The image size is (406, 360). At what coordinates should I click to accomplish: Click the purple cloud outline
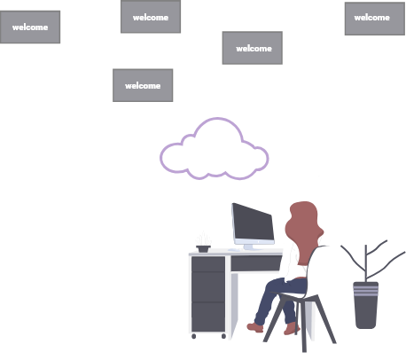point(217,119)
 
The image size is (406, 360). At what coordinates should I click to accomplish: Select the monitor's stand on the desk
point(249,247)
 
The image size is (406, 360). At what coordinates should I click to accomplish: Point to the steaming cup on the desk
point(203,248)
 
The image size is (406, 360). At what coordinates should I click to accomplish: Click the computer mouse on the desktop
point(234,250)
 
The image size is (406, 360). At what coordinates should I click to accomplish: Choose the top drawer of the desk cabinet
point(208,264)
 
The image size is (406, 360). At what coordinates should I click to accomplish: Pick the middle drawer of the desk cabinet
point(208,286)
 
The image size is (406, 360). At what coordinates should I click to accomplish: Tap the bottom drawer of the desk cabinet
point(208,317)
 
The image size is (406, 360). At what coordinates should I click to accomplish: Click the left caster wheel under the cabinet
point(194,336)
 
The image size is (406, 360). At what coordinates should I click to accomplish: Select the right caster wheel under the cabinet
point(223,336)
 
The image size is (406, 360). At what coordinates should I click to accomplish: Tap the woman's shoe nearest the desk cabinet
point(255,327)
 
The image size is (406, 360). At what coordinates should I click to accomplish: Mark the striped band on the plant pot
point(366,290)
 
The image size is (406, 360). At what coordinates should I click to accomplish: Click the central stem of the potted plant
point(366,263)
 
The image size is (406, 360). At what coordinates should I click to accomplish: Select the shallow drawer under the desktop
point(256,263)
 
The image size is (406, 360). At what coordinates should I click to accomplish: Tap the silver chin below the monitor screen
point(254,241)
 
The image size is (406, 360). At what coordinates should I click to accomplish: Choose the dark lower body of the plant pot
point(366,312)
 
